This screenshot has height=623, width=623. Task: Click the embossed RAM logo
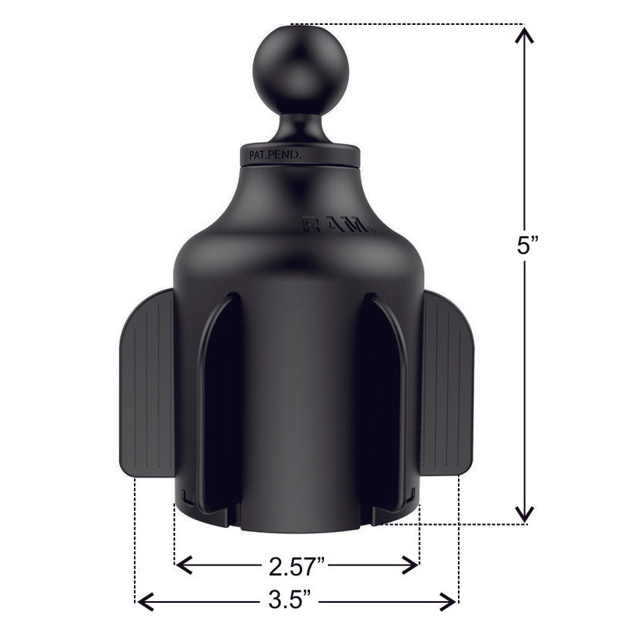340,226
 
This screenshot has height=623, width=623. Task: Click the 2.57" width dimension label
297,565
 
